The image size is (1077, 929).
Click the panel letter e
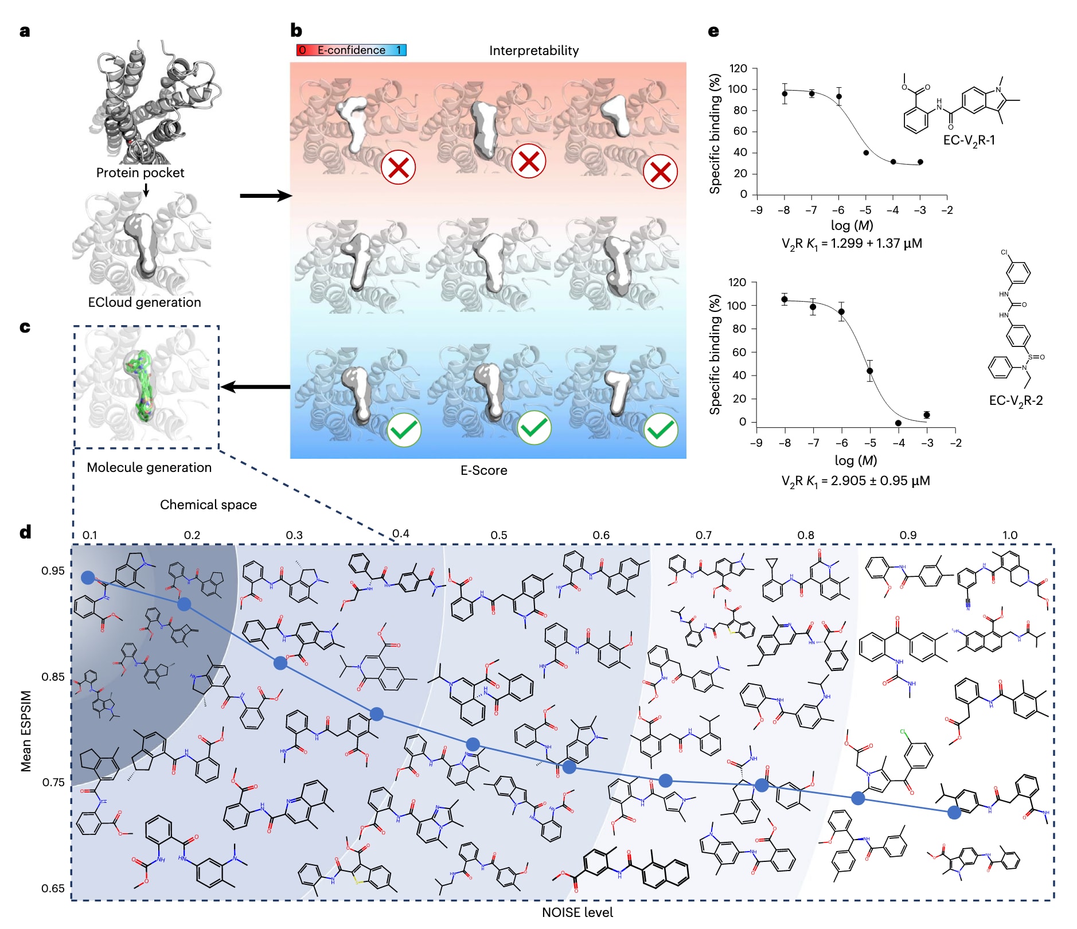coord(713,31)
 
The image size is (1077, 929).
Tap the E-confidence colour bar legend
coord(351,50)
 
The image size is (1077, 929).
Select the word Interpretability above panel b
coord(533,50)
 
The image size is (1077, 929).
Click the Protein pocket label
coord(140,173)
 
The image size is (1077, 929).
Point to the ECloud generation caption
coord(145,302)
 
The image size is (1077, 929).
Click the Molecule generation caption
coord(149,467)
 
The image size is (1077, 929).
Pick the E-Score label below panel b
coord(483,470)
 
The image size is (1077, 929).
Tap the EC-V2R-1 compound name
coord(969,140)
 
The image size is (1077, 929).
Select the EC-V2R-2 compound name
coord(1016,400)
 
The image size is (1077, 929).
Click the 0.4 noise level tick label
coord(400,534)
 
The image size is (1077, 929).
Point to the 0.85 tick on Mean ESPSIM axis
coord(53,677)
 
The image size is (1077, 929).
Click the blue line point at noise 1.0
coord(954,812)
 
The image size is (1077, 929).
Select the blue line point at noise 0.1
coord(88,577)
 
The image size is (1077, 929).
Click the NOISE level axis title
coord(577,912)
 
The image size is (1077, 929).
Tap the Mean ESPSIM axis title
coord(26,731)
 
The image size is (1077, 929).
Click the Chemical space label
coord(208,505)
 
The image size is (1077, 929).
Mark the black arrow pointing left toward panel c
coord(255,387)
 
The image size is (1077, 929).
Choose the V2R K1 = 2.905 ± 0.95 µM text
coord(855,481)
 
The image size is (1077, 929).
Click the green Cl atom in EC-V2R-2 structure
coord(1004,252)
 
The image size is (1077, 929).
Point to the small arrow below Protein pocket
coord(146,190)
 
